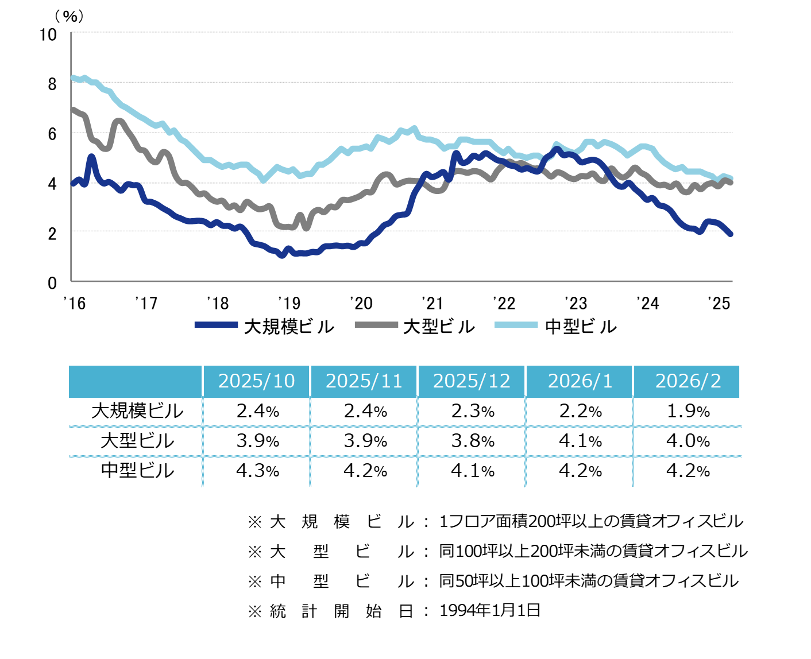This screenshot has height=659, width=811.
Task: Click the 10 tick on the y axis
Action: click(x=48, y=35)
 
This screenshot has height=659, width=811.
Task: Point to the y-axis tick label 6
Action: click(x=52, y=134)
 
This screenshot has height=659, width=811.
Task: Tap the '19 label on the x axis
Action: click(x=289, y=303)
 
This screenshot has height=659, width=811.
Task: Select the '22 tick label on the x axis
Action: click(x=504, y=303)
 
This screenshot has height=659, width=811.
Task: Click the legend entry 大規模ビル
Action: click(x=265, y=327)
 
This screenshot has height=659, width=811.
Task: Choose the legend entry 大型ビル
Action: click(x=415, y=327)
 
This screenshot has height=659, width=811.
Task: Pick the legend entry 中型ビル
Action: click(x=555, y=327)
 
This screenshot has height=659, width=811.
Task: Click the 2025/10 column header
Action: click(x=256, y=381)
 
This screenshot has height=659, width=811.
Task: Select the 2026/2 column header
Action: click(x=688, y=381)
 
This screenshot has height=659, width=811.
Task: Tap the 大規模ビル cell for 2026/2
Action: click(x=688, y=411)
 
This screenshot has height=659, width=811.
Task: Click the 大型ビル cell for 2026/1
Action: click(x=580, y=441)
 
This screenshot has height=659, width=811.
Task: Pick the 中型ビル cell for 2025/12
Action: click(x=472, y=471)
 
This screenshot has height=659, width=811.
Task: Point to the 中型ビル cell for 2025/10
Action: click(x=257, y=471)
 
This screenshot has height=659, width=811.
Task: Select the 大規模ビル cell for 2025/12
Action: click(x=472, y=411)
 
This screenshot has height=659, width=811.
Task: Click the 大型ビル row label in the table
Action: click(x=137, y=441)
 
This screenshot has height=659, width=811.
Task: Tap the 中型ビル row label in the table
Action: click(x=137, y=471)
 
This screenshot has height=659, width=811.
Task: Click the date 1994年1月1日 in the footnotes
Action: click(x=489, y=610)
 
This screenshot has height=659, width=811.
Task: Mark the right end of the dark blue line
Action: click(x=730, y=234)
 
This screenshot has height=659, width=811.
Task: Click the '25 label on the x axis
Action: click(x=719, y=303)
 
